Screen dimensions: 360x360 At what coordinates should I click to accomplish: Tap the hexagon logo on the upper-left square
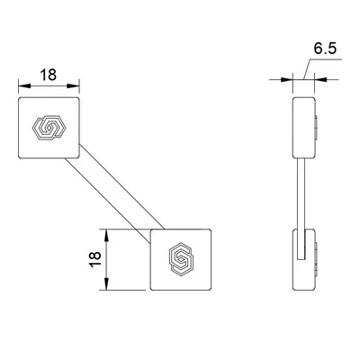[49, 130]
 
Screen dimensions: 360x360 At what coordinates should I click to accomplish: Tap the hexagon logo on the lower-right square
[183, 259]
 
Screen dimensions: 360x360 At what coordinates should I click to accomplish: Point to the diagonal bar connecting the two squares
[115, 193]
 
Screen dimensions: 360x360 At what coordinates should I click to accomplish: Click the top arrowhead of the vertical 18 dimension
[108, 233]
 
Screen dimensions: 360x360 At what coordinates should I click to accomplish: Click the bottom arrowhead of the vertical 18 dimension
[108, 288]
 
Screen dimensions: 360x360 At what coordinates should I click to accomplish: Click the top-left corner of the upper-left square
[20, 100]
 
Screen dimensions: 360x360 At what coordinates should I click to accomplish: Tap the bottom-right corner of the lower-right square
[212, 289]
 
